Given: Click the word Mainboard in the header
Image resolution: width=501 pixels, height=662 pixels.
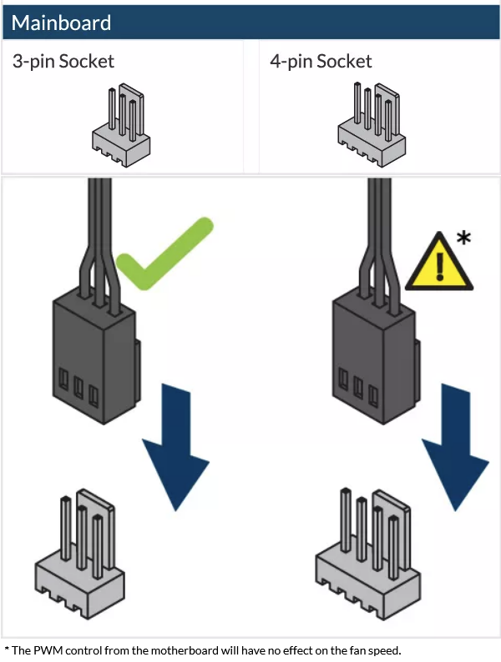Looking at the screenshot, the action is click(x=61, y=23).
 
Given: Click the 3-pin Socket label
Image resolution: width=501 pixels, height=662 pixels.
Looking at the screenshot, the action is click(x=63, y=62).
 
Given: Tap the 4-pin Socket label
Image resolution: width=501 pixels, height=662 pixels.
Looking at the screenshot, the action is click(x=321, y=62).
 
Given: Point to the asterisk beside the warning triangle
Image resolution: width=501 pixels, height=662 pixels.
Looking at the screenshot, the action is click(x=463, y=238).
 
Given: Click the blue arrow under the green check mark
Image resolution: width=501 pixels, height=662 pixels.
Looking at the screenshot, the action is click(x=175, y=448).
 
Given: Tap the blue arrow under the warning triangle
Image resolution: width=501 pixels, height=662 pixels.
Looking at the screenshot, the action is click(x=455, y=448).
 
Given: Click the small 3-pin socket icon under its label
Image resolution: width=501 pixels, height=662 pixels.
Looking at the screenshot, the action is click(x=121, y=124).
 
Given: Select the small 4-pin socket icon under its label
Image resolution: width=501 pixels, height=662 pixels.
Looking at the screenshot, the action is click(x=372, y=124).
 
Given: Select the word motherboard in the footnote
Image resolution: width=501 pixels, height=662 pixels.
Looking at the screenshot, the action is click(x=185, y=650).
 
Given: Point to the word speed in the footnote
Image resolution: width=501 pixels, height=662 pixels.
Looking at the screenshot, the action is click(x=385, y=651).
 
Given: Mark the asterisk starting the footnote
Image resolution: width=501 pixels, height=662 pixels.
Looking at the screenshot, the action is click(x=7, y=649).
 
